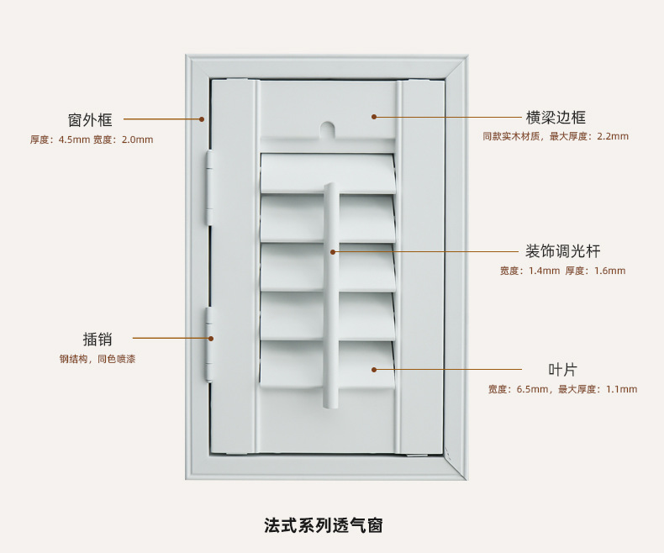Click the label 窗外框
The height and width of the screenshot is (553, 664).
90,119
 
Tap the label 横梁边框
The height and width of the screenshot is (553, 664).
556,117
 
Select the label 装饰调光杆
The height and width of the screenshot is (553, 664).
562,250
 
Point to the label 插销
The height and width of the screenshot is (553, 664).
97,339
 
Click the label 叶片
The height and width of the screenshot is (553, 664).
562,369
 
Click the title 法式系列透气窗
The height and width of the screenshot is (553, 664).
324,526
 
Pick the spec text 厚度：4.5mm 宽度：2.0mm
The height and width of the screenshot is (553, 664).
92,140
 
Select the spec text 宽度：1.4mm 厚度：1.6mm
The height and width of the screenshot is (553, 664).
562,271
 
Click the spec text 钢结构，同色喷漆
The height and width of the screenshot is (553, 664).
97,359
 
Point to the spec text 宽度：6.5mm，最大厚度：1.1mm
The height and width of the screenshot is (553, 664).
562,389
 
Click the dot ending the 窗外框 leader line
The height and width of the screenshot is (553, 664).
202,119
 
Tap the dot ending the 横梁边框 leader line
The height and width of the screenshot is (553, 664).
374,117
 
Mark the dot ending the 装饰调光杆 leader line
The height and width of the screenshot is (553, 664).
333,251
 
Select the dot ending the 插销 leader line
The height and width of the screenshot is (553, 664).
211,339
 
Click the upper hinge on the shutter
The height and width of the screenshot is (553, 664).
209,188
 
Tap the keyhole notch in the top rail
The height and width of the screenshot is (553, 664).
327,130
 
